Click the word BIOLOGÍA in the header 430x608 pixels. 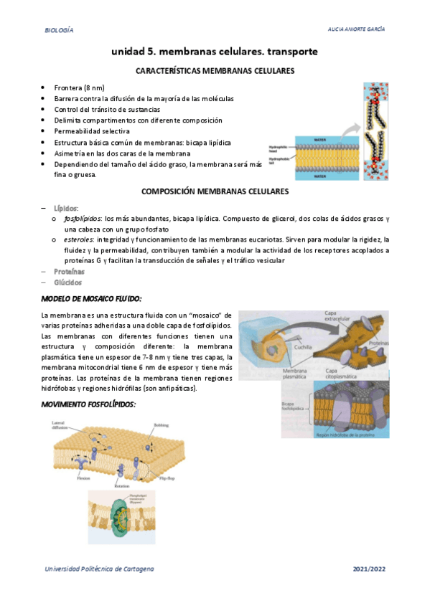[59, 30]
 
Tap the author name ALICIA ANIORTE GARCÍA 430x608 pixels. [355, 30]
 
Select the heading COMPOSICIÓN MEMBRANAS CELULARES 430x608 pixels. [215, 192]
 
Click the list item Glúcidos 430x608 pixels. [68, 282]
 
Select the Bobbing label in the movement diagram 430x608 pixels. [161, 425]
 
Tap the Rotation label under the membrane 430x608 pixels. [122, 485]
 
